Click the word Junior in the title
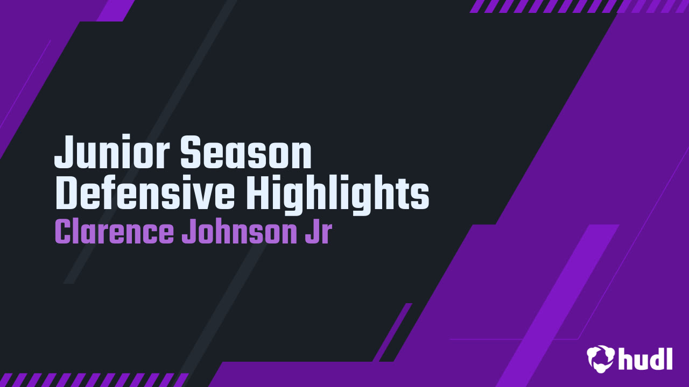(x=111, y=153)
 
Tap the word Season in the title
(x=246, y=153)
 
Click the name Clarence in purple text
(x=114, y=232)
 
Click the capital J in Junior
(x=64, y=153)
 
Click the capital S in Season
(x=191, y=153)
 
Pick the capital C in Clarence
(x=63, y=232)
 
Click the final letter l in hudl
(x=669, y=358)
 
